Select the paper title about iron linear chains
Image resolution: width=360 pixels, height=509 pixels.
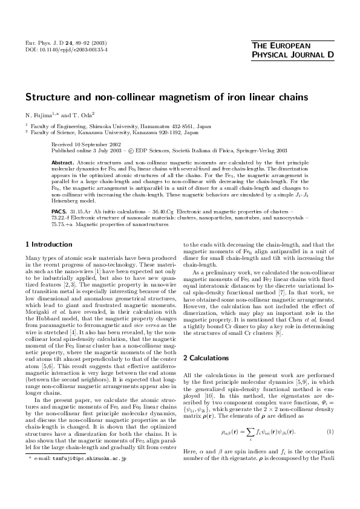[166, 97]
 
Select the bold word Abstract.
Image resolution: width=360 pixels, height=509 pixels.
[62, 163]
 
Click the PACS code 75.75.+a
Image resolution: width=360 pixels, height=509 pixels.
[64, 224]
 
